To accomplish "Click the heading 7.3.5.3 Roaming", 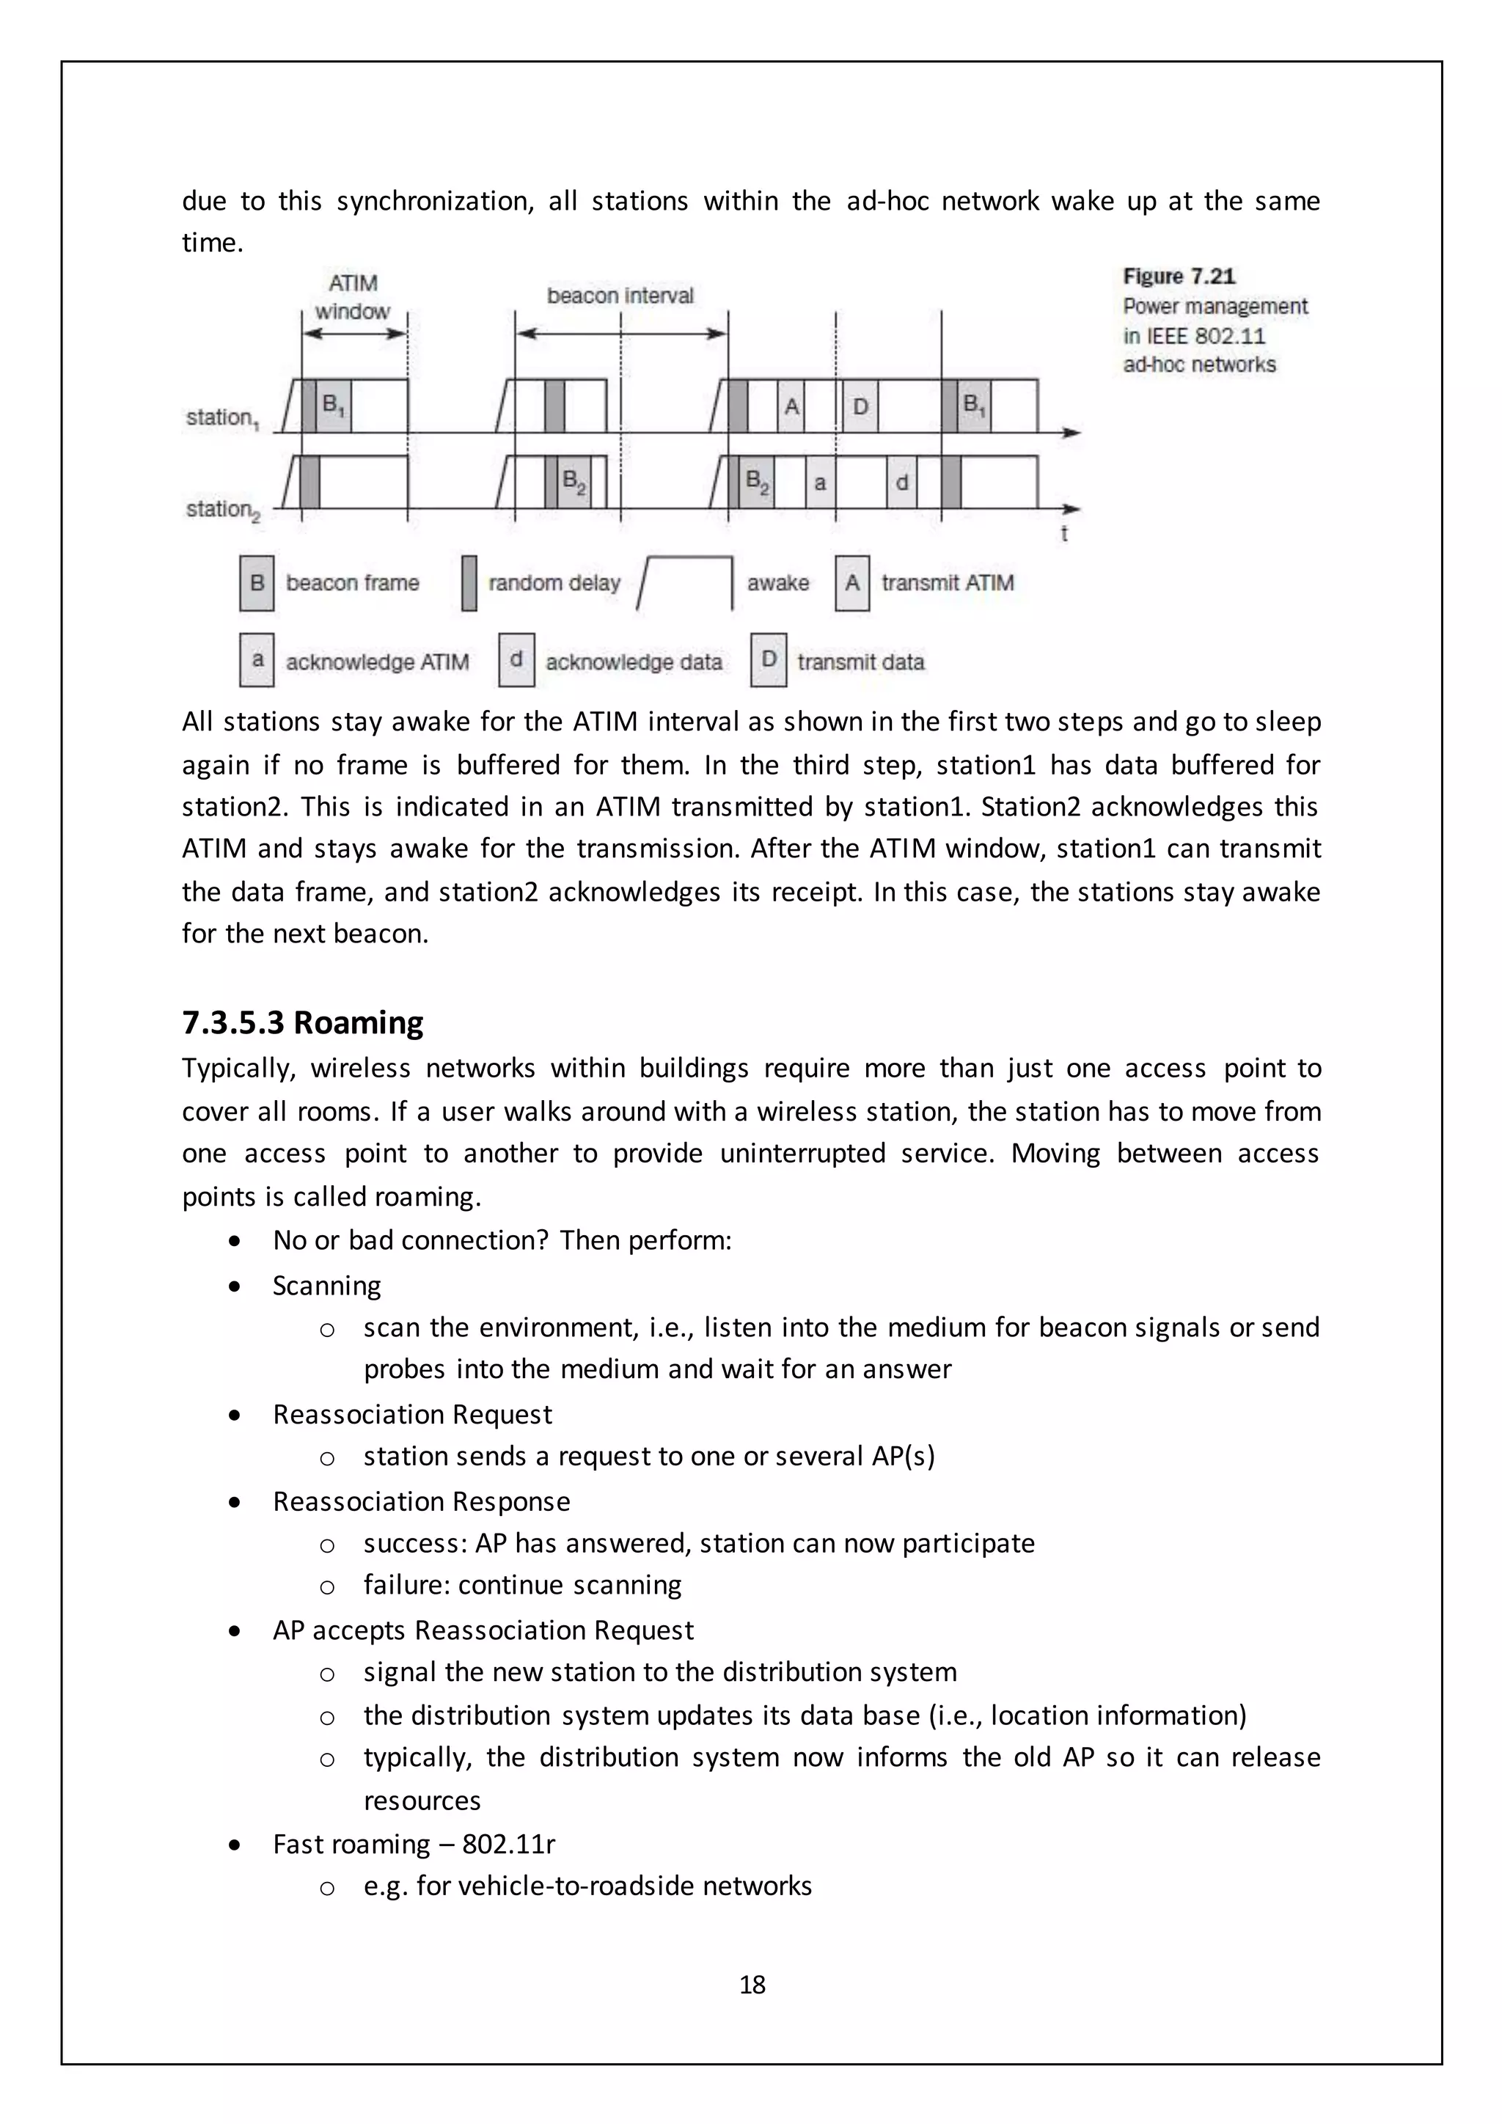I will point(302,1023).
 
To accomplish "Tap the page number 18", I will point(752,1985).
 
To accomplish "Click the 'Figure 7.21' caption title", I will point(1179,277).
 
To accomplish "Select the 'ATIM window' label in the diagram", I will point(352,297).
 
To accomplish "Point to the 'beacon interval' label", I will point(620,296).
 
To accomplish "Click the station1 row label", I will point(222,418).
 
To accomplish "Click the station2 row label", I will point(222,510).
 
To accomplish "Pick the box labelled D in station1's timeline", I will point(860,406).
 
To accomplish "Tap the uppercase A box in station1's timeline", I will point(791,406).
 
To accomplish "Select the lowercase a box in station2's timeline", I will point(819,483).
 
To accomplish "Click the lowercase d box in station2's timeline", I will point(902,483).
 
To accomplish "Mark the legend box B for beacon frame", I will point(257,583).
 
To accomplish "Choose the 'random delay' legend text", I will point(554,583).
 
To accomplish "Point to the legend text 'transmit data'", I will point(860,662).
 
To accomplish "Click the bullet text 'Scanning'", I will point(326,1286).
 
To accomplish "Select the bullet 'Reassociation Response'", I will point(421,1501).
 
